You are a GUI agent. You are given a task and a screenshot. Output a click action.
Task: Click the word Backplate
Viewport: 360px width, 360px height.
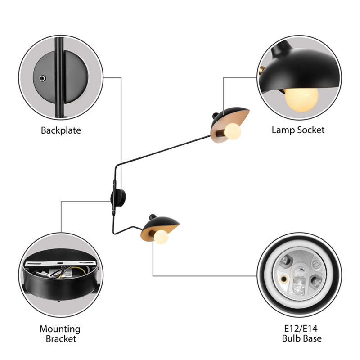[x=61, y=130]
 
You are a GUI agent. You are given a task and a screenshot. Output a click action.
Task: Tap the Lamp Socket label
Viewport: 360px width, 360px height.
[x=298, y=130]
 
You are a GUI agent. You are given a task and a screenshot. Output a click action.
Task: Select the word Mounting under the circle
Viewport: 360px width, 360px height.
[x=60, y=329]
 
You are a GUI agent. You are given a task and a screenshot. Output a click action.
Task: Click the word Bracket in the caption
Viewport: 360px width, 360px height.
[x=61, y=339]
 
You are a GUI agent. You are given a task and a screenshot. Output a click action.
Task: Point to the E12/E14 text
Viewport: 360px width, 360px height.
[x=301, y=328]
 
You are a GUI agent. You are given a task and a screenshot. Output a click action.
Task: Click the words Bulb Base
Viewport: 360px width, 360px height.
[x=301, y=338]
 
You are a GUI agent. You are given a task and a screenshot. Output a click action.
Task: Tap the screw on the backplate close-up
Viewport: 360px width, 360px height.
[x=42, y=78]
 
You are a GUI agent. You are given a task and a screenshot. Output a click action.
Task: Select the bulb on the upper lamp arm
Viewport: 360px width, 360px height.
[x=233, y=131]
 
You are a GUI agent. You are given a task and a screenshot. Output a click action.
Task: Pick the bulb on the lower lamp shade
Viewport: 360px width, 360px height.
[x=161, y=237]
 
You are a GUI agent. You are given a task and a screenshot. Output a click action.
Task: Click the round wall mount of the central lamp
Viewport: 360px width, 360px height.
[x=118, y=198]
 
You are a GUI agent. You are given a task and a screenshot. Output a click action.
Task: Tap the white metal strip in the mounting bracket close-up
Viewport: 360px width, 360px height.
[x=60, y=263]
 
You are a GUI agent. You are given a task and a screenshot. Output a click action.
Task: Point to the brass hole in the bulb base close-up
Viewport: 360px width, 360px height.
[x=284, y=279]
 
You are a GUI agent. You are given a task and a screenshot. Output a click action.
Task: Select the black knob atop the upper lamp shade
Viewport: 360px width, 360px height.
[x=216, y=116]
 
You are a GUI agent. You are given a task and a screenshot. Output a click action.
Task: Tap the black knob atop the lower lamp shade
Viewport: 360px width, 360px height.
[x=153, y=217]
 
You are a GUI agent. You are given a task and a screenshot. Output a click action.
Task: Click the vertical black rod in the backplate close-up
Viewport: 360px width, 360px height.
[x=59, y=77]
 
